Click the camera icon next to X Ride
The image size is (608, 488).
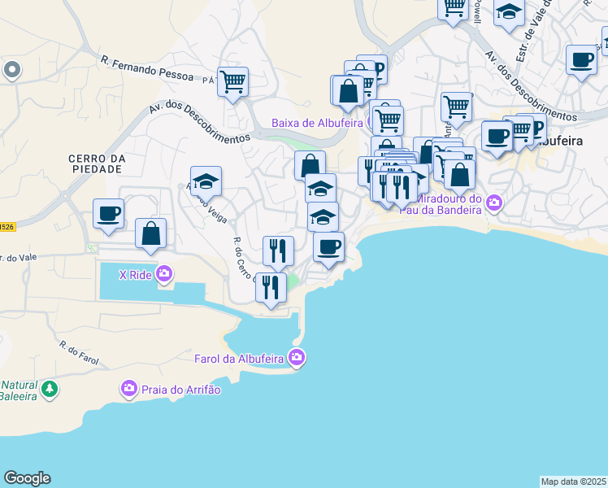click(165, 274)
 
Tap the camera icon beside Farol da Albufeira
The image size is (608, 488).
click(297, 357)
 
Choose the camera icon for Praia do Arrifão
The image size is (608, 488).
click(129, 390)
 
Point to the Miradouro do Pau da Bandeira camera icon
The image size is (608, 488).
click(494, 201)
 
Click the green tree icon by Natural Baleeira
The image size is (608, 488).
click(50, 390)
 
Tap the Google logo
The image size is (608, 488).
click(27, 478)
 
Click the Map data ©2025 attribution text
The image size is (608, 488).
click(574, 481)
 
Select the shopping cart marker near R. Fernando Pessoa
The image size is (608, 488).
click(233, 82)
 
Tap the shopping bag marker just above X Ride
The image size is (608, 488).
click(151, 233)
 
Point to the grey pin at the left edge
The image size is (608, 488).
click(11, 70)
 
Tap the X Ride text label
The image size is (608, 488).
click(136, 275)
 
